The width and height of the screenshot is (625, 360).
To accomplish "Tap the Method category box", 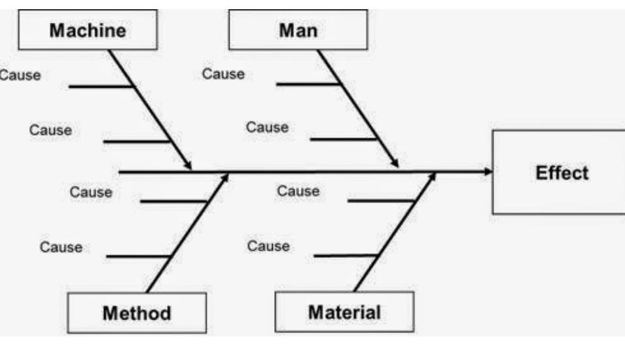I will click(x=137, y=313).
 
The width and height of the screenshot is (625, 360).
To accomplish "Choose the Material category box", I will click(x=344, y=312).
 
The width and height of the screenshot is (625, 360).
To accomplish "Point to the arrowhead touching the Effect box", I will click(x=488, y=172).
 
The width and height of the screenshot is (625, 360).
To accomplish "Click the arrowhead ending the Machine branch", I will click(x=188, y=166).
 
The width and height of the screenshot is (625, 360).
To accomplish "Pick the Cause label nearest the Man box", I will click(x=223, y=74).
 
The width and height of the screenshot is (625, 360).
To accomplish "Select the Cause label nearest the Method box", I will click(x=61, y=247).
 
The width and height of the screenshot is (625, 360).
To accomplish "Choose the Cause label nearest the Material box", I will click(x=268, y=246).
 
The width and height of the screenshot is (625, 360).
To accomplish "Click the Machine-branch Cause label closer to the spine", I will click(x=50, y=130).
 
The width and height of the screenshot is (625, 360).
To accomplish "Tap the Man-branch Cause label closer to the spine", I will click(x=267, y=128).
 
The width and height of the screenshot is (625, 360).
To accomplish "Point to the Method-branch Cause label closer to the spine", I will click(x=91, y=192).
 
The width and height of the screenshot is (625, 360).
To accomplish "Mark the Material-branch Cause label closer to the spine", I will click(x=298, y=191).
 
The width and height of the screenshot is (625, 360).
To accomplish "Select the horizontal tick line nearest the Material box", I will click(x=346, y=255).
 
